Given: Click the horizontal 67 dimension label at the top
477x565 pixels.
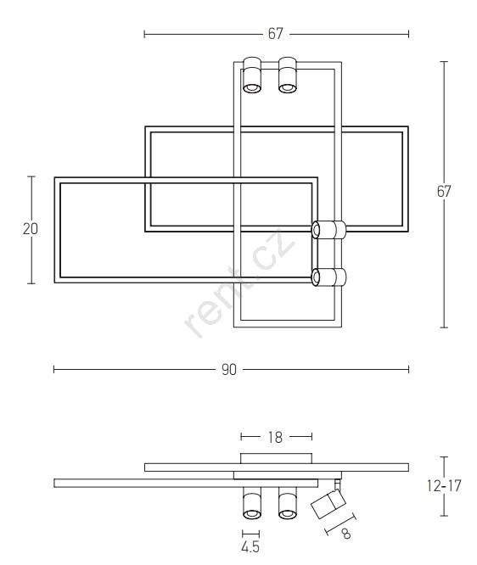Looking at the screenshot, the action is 276,34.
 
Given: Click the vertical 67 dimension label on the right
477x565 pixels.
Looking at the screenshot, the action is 444,192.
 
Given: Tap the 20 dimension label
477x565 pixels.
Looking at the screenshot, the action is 31,229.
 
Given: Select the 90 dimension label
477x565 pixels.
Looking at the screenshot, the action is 229,370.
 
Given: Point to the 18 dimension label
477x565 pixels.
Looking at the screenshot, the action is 276,437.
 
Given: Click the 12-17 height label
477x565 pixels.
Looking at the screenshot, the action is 444,486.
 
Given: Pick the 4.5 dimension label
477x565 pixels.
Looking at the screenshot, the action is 250,547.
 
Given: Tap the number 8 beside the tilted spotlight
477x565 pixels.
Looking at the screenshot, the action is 346,534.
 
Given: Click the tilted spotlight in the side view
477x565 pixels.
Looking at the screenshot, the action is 328,503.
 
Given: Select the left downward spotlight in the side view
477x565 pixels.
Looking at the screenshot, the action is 252,503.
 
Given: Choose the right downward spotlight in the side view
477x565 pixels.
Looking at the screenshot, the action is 288,503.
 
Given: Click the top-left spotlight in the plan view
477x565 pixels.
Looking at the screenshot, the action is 252,75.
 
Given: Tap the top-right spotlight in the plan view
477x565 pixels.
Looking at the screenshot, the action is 288,75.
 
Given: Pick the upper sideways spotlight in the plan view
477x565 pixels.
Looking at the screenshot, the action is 328,230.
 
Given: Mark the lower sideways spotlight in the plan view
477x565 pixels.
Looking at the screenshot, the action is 328,277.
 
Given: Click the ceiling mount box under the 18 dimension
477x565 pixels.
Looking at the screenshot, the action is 276,458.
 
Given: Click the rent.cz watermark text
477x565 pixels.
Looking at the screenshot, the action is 239,282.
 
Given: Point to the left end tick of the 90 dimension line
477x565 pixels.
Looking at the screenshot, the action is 54,369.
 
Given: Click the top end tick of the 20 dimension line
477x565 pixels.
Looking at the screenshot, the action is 31,176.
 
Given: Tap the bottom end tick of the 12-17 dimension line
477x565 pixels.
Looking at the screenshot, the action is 444,516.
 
